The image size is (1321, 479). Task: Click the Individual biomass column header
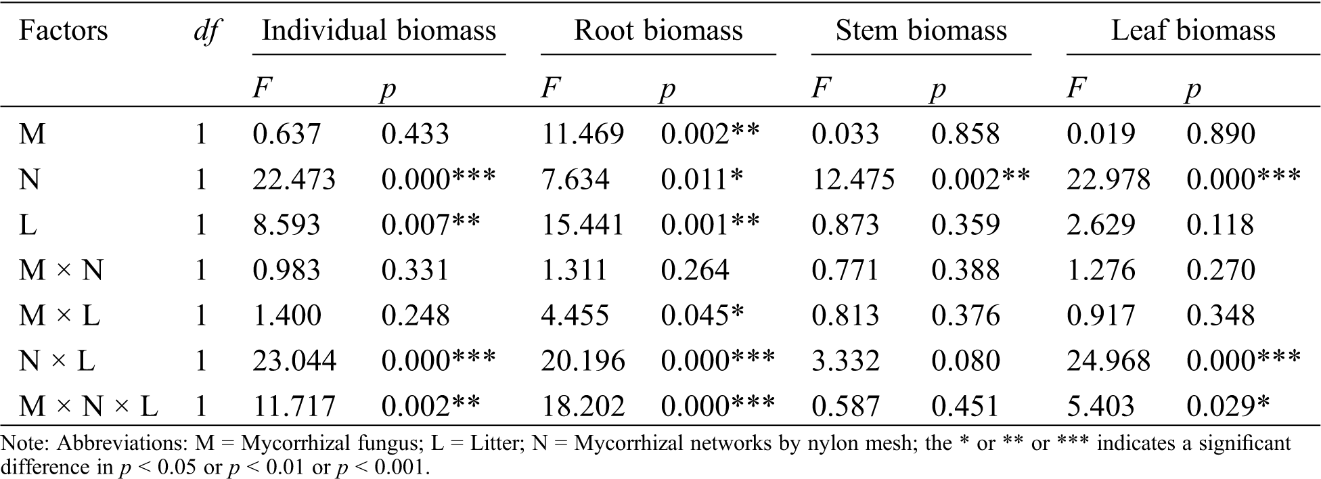tap(379, 31)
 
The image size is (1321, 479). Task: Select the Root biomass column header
tap(658, 31)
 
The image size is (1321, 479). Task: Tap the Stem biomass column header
tap(921, 31)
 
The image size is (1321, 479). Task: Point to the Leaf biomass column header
tap(1193, 31)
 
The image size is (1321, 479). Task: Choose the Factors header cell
tap(63, 31)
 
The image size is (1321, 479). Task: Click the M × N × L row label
tap(88, 406)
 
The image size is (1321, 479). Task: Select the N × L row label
tap(57, 361)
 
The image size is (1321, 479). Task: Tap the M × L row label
tap(60, 315)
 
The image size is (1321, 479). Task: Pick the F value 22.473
tap(294, 179)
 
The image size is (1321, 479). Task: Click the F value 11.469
tap(583, 134)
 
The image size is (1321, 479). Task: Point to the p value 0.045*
tap(702, 315)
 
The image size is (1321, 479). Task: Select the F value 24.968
tap(1109, 361)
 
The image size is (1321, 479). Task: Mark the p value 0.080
tap(966, 361)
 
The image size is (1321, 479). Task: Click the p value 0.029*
tap(1228, 406)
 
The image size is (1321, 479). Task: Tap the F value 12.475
tap(853, 179)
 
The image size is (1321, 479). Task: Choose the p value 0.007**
tap(430, 225)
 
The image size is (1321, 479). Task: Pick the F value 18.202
tap(583, 406)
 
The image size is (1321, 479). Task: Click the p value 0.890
tap(1221, 134)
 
